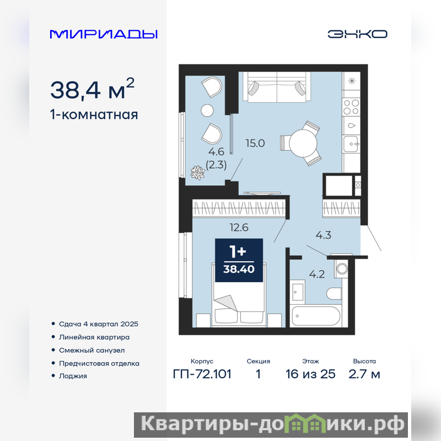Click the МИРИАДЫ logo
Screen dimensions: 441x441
[104, 34]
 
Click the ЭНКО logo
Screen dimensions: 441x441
[357, 34]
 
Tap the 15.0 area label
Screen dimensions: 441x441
[255, 143]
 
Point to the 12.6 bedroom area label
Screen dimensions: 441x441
[239, 227]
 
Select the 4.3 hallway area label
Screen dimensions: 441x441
[323, 235]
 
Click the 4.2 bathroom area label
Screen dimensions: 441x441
[317, 274]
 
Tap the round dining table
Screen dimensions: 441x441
[303, 143]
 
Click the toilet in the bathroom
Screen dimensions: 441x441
[334, 294]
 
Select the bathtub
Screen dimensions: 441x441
[315, 316]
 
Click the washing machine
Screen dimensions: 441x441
[341, 268]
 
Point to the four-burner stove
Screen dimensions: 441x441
[351, 107]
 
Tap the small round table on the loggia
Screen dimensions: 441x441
[207, 111]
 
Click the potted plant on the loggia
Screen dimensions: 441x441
[197, 173]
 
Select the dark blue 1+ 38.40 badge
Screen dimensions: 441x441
[239, 260]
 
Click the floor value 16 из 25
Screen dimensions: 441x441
[310, 374]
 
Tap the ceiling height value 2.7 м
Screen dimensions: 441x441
[364, 374]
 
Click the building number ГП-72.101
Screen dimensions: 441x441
[202, 374]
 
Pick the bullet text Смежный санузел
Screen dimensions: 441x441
[92, 350]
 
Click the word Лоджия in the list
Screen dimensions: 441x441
[73, 376]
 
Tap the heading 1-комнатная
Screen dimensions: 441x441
[94, 115]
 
